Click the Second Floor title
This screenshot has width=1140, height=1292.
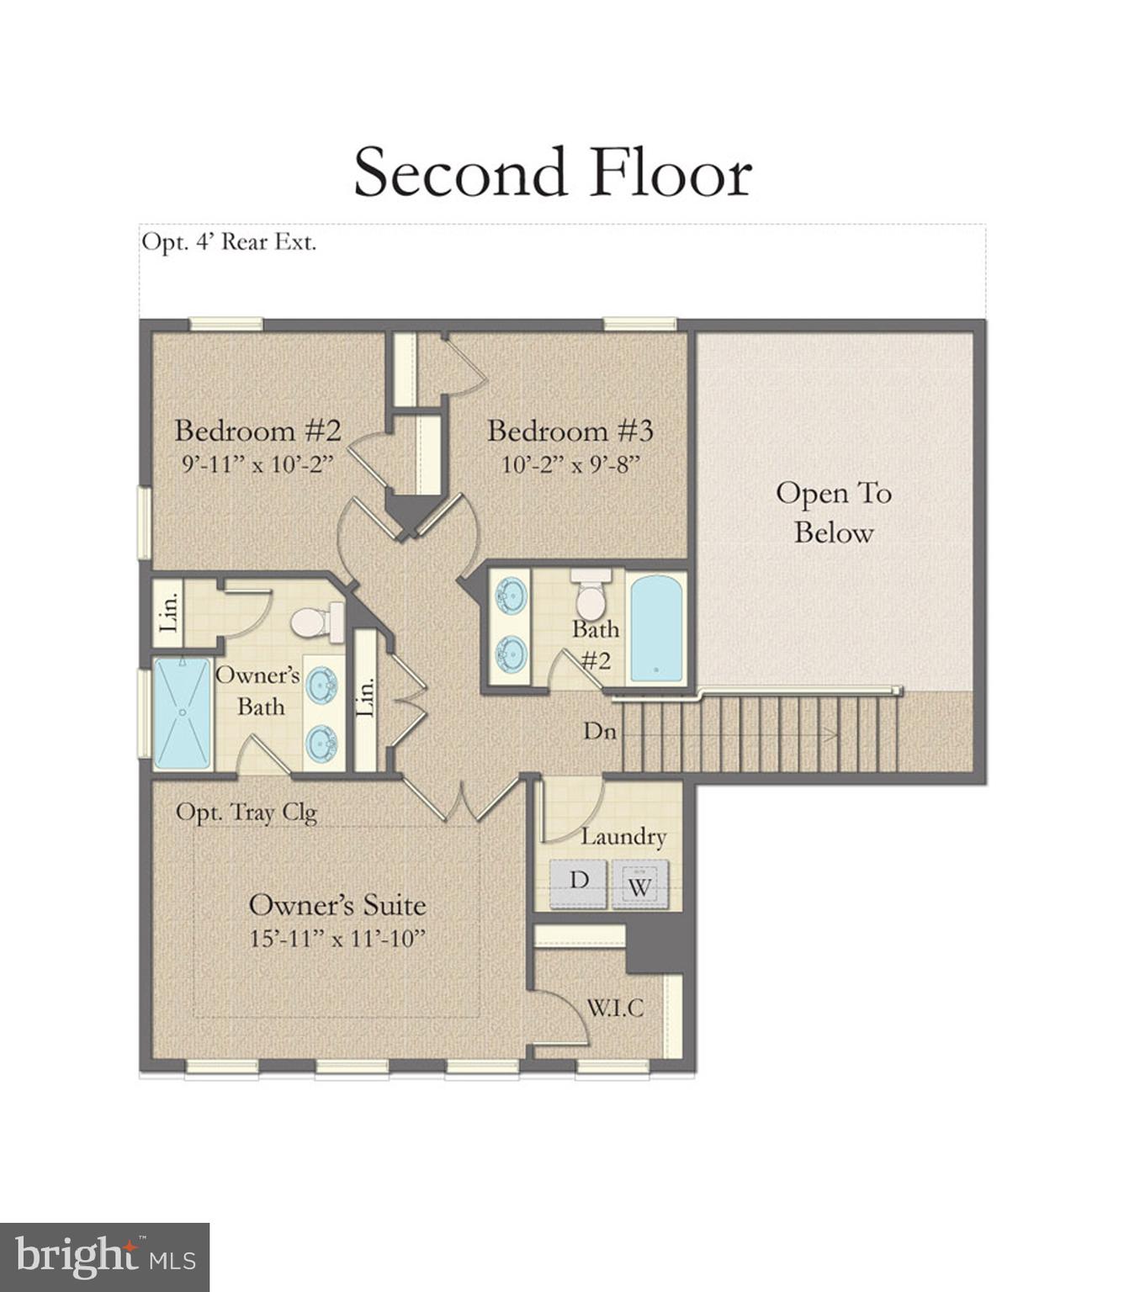tap(552, 172)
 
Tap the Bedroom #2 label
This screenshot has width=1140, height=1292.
tap(257, 431)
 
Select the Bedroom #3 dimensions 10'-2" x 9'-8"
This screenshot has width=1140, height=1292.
tap(570, 464)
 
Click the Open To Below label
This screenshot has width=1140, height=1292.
tap(833, 512)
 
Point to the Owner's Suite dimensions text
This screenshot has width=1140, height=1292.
tap(337, 939)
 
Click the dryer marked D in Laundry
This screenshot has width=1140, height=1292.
tap(579, 882)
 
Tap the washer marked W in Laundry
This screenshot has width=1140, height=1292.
tap(639, 886)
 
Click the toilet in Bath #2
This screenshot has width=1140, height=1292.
tap(591, 595)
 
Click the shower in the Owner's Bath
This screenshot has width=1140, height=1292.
tap(182, 713)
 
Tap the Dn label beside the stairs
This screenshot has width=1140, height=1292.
tap(600, 732)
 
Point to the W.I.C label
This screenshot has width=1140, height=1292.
tap(615, 1008)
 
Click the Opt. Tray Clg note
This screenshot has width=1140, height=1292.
tap(246, 813)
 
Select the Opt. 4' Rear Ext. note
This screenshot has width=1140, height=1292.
tap(229, 242)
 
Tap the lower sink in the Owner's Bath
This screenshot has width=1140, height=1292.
tap(321, 743)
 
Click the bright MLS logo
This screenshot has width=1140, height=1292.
tap(104, 1258)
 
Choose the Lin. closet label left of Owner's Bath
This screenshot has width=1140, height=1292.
tap(168, 611)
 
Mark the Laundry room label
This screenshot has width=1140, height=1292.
tap(623, 837)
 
